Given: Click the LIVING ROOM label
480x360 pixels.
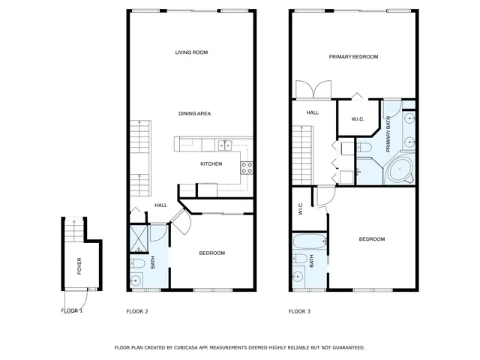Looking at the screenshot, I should pyautogui.click(x=191, y=52).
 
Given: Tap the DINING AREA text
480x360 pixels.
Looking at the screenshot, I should pyautogui.click(x=194, y=113).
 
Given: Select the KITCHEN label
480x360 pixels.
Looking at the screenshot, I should pyautogui.click(x=211, y=163).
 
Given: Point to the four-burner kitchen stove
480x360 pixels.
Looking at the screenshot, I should pyautogui.click(x=246, y=168).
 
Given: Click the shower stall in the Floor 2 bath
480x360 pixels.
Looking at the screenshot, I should pyautogui.click(x=139, y=239).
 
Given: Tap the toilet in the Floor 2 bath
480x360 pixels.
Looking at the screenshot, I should pyautogui.click(x=138, y=263).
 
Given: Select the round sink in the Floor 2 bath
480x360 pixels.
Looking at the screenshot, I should pyautogui.click(x=136, y=281).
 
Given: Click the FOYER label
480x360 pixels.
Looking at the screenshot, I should pyautogui.click(x=79, y=264).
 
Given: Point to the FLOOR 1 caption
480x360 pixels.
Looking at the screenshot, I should pyautogui.click(x=72, y=310).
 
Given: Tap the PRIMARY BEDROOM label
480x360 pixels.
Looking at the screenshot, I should pyautogui.click(x=353, y=57).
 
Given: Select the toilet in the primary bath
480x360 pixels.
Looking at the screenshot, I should pyautogui.click(x=363, y=146).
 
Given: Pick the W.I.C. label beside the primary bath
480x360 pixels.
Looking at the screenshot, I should pyautogui.click(x=358, y=119).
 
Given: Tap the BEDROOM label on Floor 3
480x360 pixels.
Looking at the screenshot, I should pyautogui.click(x=371, y=239).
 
